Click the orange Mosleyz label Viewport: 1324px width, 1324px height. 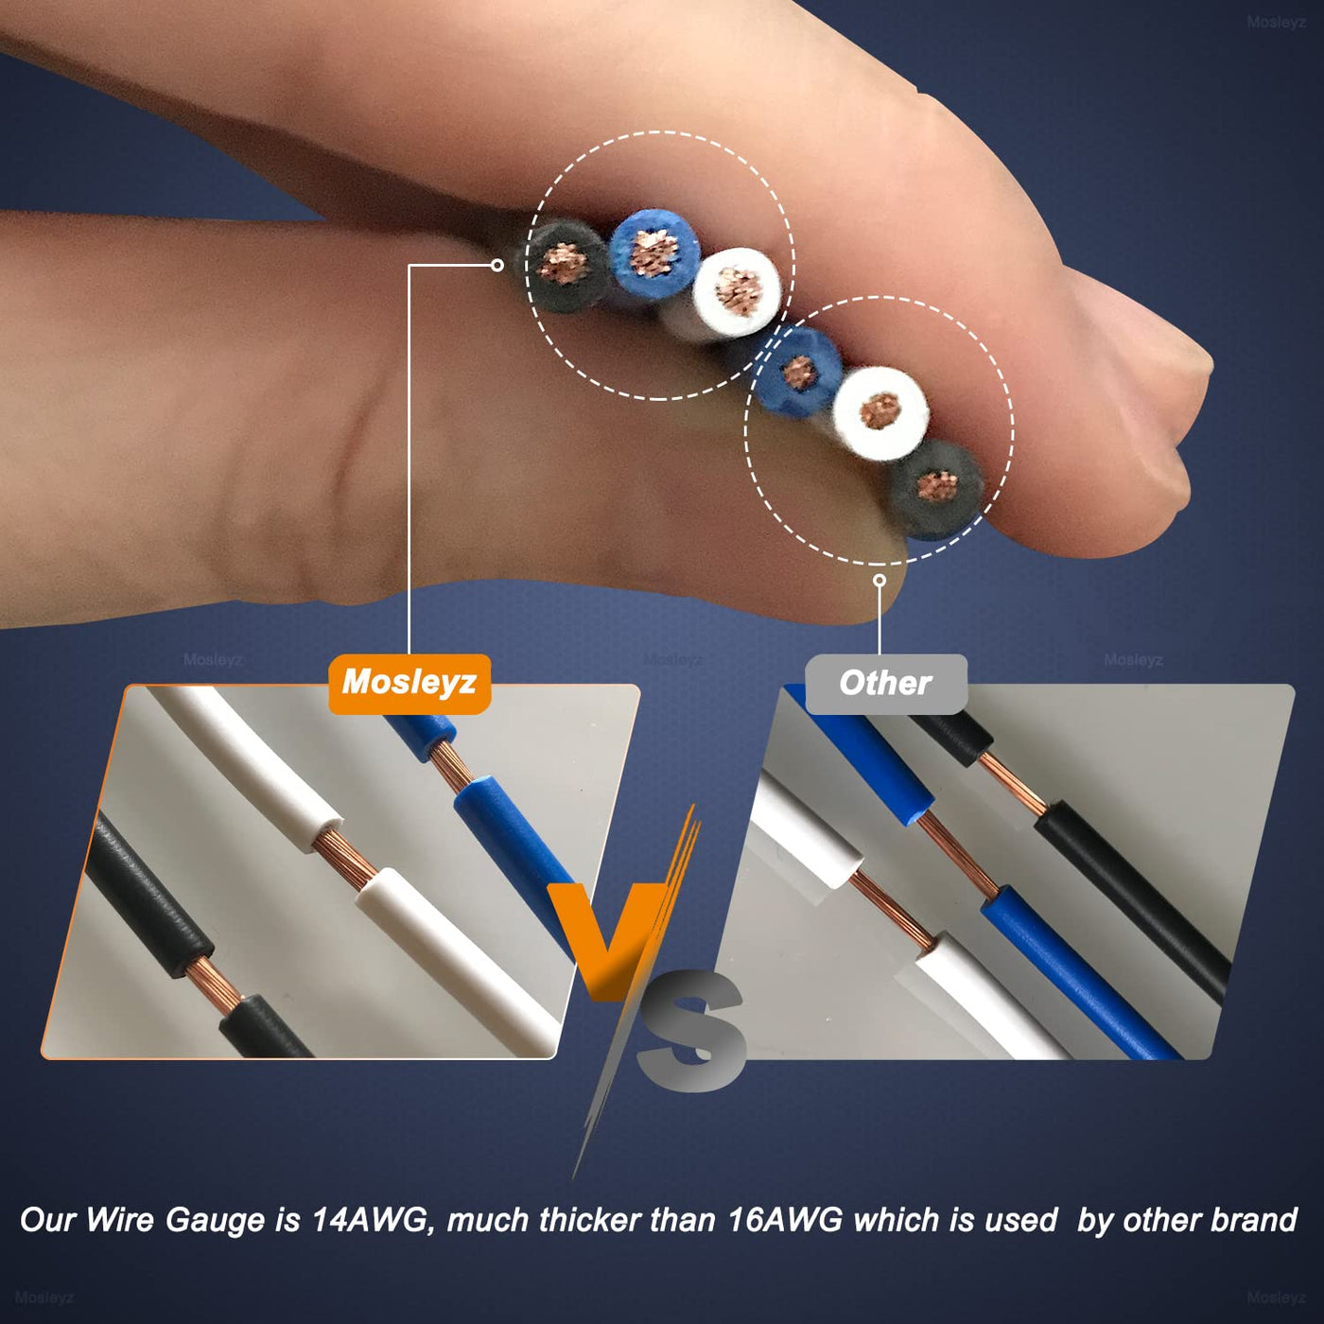pyautogui.click(x=409, y=684)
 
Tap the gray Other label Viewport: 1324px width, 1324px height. pyautogui.click(x=885, y=684)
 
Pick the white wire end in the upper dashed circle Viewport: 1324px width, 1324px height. pyautogui.click(x=737, y=292)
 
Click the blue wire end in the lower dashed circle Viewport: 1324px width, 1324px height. pyautogui.click(x=800, y=373)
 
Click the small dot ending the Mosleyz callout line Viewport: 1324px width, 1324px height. pyautogui.click(x=497, y=265)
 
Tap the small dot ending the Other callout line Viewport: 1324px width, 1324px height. pyautogui.click(x=880, y=581)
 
